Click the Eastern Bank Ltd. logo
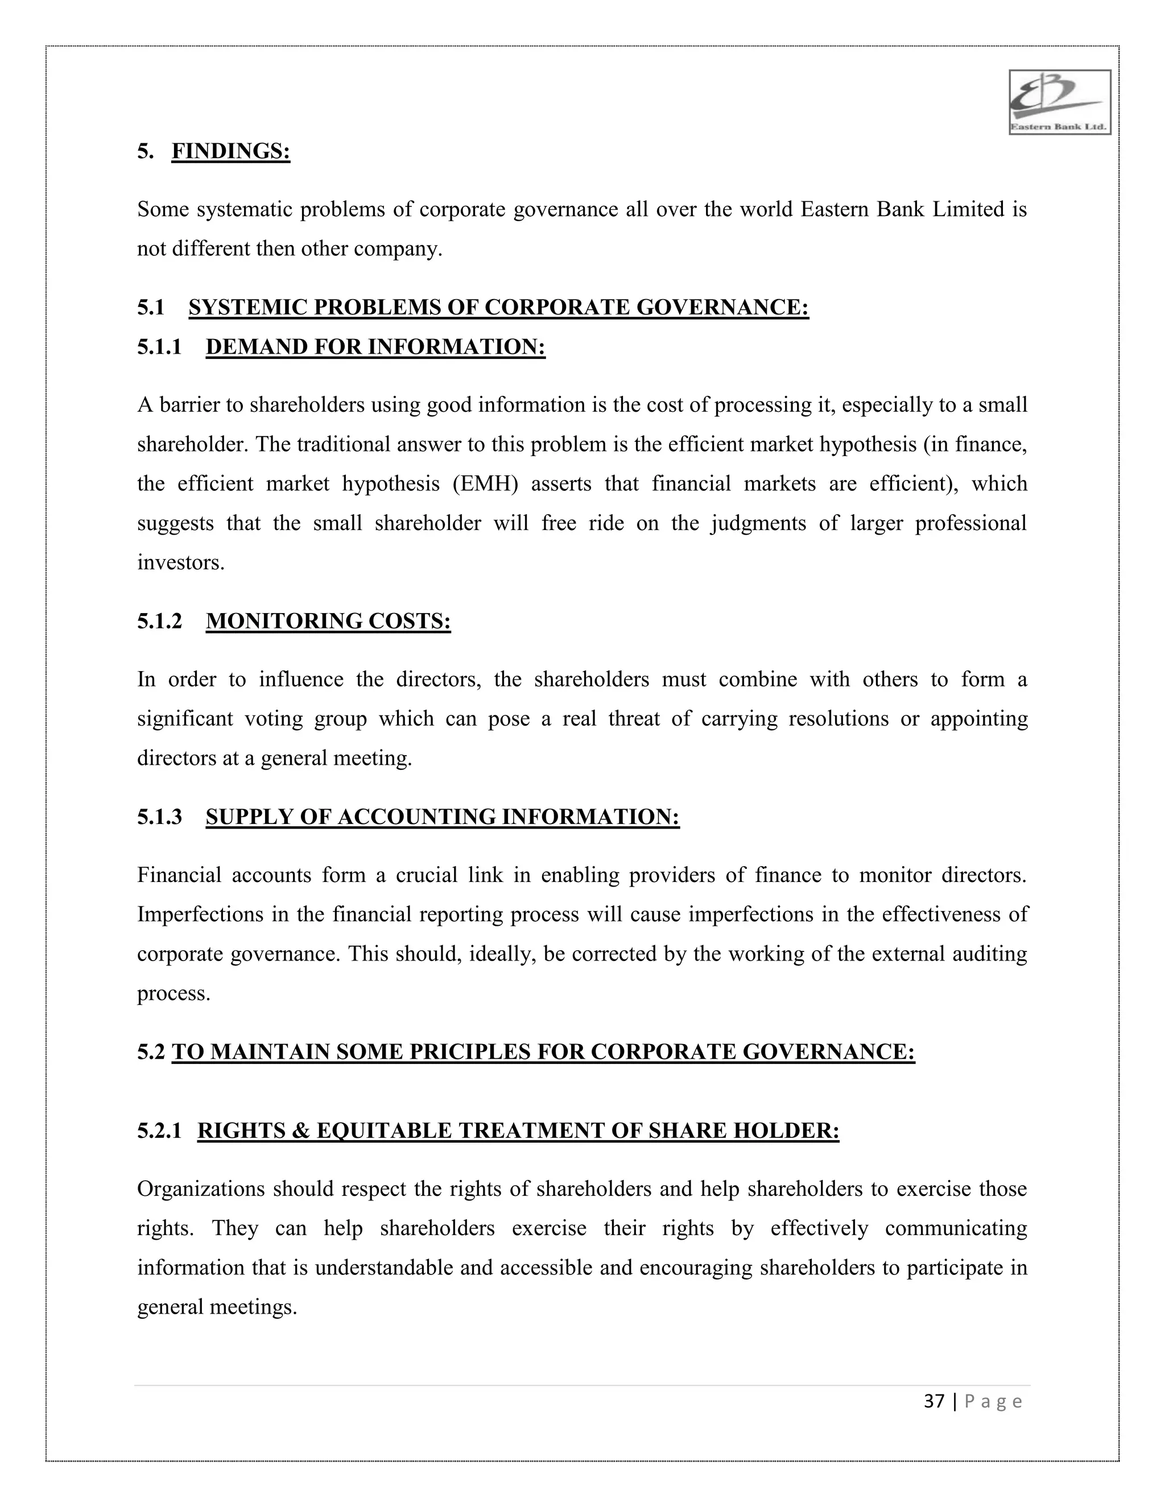click(x=1059, y=102)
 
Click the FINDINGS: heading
click(x=230, y=151)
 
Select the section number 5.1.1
click(x=159, y=346)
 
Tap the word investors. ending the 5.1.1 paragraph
click(x=181, y=563)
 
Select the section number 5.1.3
click(x=159, y=817)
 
